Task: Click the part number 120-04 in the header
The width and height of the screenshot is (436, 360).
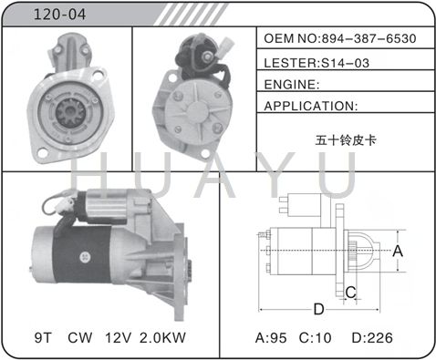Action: point(59,15)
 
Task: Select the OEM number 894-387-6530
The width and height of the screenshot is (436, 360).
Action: point(369,38)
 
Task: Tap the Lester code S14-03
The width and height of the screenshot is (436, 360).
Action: point(345,63)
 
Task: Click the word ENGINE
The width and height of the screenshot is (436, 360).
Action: point(290,85)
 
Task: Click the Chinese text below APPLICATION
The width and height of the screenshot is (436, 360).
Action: point(346,140)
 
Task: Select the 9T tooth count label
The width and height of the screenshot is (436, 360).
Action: point(43,337)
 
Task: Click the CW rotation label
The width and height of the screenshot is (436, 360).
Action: point(80,337)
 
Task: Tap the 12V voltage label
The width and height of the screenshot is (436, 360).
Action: point(119,337)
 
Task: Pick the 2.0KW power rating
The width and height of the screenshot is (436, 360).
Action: point(162,337)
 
